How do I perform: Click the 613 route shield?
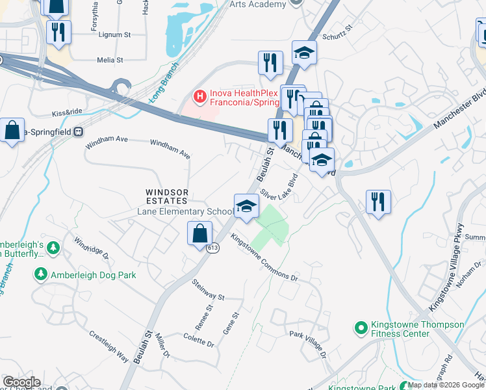[213, 248]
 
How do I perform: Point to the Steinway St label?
[208, 292]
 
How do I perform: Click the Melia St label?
[110, 60]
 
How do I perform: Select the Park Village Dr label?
[307, 345]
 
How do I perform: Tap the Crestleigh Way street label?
[109, 346]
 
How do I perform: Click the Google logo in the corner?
[21, 382]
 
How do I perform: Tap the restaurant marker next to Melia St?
[59, 33]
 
